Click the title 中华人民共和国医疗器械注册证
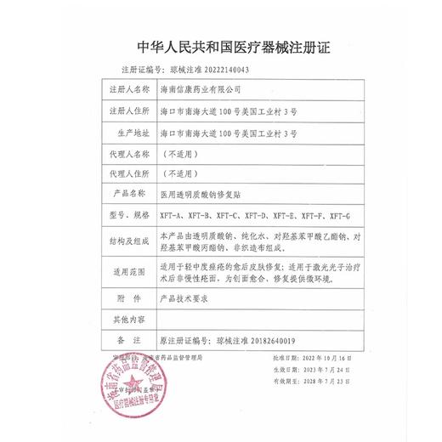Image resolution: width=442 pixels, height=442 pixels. pos(220,47)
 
